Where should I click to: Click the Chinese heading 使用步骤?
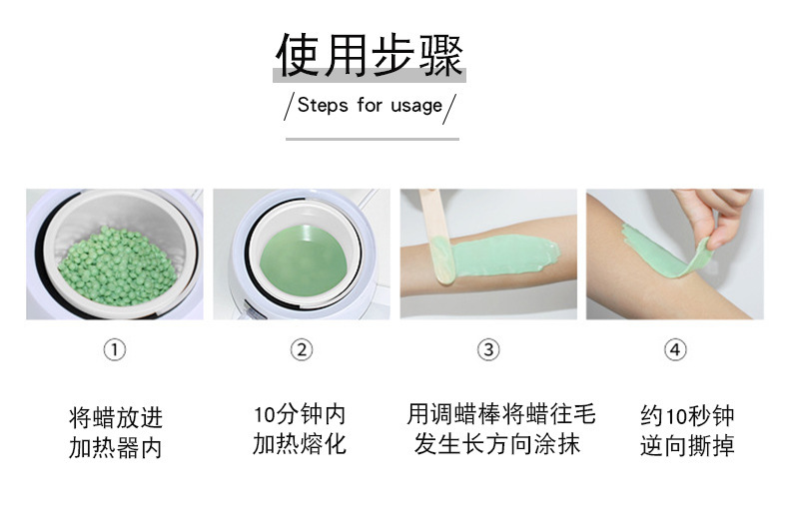click(x=370, y=55)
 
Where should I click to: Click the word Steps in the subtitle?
click(x=323, y=106)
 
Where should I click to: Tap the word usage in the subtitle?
click(x=416, y=107)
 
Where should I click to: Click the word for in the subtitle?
click(x=370, y=105)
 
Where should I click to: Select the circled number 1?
click(x=115, y=349)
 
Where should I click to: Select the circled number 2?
click(x=302, y=349)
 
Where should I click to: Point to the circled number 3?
click(x=488, y=349)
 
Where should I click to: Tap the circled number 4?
click(x=675, y=349)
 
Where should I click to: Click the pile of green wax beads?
click(x=117, y=266)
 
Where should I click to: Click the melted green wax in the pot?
click(x=303, y=261)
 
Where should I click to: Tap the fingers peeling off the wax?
click(x=716, y=217)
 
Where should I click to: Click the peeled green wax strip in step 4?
click(x=664, y=253)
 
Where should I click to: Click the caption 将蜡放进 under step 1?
click(x=115, y=418)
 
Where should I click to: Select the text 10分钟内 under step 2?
click(x=300, y=415)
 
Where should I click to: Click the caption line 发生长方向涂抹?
click(x=497, y=444)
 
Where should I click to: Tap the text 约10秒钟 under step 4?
click(x=687, y=416)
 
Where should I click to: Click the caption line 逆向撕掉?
click(x=687, y=446)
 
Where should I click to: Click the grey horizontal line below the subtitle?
click(x=373, y=139)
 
